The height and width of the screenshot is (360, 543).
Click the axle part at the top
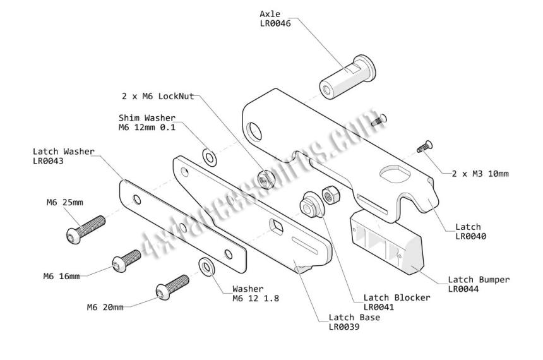347,77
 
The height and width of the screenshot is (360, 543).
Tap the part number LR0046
275,23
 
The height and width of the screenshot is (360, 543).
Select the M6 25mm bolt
85,229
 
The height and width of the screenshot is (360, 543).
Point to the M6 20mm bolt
172,287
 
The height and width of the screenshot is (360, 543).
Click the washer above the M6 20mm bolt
206,267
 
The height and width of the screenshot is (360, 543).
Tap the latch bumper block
387,241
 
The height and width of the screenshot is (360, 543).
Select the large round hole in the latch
254,131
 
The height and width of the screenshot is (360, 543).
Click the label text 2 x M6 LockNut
158,97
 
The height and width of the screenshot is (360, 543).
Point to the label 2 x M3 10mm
480,174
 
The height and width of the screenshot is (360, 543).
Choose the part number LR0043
48,161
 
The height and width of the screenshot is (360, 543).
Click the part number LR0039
344,327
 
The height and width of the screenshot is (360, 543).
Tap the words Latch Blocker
397,297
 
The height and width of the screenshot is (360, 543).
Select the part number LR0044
463,289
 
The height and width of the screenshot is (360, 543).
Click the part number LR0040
470,236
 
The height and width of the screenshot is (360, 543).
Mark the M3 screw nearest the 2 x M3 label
424,147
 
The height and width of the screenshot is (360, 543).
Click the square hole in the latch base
276,226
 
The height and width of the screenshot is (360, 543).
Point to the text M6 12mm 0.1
147,128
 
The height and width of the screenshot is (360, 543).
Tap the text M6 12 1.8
256,298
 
